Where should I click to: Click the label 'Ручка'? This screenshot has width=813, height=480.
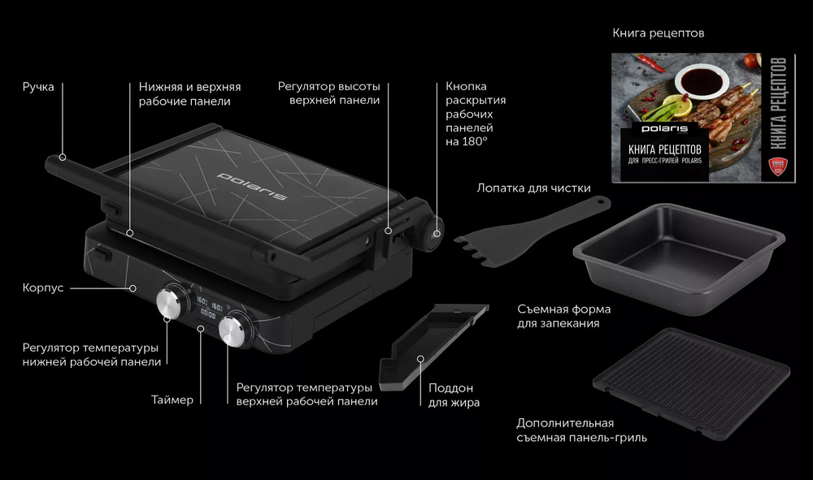(38, 87)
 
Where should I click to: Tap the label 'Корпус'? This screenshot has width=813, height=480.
(43, 288)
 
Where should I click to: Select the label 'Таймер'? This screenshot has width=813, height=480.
(172, 400)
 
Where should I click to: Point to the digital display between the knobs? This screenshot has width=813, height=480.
(206, 305)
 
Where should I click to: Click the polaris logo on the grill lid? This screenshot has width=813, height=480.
(252, 186)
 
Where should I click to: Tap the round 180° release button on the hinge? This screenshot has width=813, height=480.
(434, 234)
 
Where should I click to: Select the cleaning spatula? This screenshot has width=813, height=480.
(528, 227)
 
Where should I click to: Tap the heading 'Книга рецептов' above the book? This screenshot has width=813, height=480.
(658, 34)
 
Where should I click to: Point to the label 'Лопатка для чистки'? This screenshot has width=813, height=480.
(533, 188)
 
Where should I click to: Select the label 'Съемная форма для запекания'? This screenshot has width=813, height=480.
(563, 316)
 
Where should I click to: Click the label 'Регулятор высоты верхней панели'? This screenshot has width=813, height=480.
(328, 93)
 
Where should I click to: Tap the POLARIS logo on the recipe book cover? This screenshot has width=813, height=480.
(665, 128)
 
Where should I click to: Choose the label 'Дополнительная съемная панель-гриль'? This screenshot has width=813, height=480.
(581, 430)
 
